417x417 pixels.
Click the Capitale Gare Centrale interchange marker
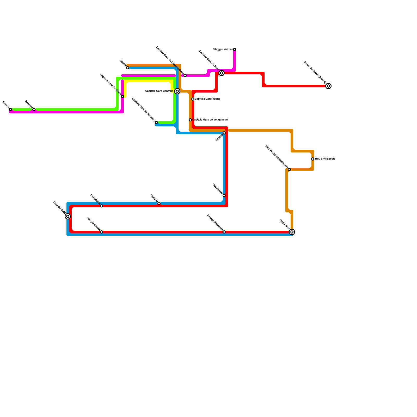point(177,91)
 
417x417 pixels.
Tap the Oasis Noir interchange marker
point(292,232)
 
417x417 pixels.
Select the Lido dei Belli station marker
point(68,216)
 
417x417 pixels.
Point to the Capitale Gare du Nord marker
point(222,73)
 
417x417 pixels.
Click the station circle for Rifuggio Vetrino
point(235,50)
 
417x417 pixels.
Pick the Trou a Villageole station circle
point(313,159)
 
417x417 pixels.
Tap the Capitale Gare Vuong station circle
point(193,99)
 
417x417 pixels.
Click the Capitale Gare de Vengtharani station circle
point(190,120)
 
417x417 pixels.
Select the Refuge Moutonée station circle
point(224,232)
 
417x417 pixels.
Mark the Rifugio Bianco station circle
point(102,232)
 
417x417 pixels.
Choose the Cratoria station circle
point(159,203)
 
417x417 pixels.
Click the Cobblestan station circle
point(224,195)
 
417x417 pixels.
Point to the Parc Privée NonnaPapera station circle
point(289,169)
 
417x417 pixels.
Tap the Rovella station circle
point(10,109)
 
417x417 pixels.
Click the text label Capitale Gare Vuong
point(207,99)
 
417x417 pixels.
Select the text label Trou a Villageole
point(325,159)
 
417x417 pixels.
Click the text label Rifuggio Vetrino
point(223,50)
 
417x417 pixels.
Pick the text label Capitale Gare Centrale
point(159,91)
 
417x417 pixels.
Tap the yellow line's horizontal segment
point(149,82)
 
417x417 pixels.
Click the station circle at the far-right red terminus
point(328,86)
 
